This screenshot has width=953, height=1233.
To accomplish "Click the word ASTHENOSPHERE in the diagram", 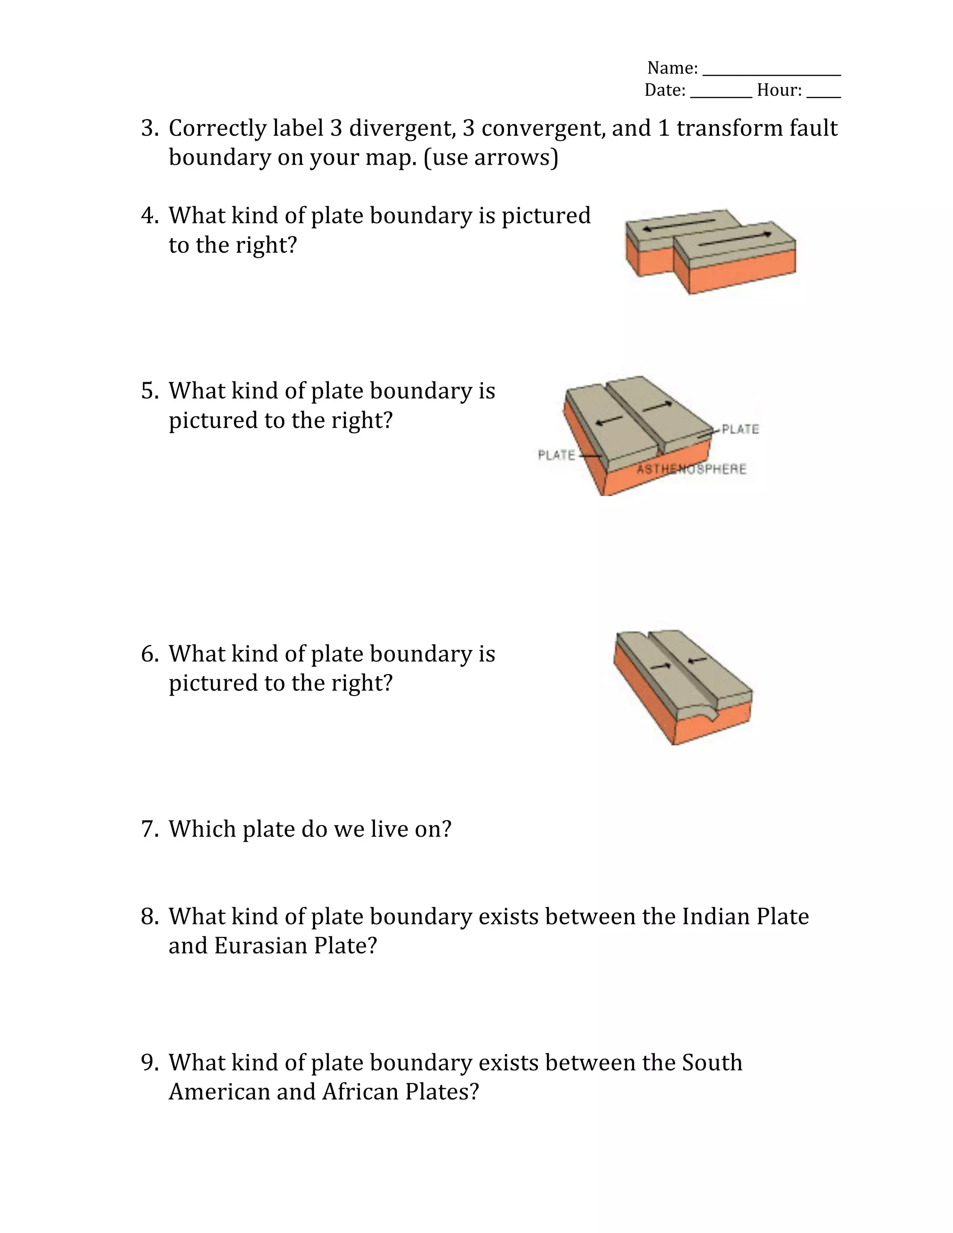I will tap(691, 469).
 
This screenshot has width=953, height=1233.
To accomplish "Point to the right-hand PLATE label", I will tap(740, 429).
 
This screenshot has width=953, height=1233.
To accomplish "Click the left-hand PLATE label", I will tap(556, 455).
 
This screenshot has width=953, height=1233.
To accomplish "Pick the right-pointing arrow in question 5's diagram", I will tap(658, 405).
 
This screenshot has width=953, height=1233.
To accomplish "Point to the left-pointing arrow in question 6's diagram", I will tap(698, 659).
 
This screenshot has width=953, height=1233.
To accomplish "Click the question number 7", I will tap(148, 829).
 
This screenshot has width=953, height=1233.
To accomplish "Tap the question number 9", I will tap(148, 1063).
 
